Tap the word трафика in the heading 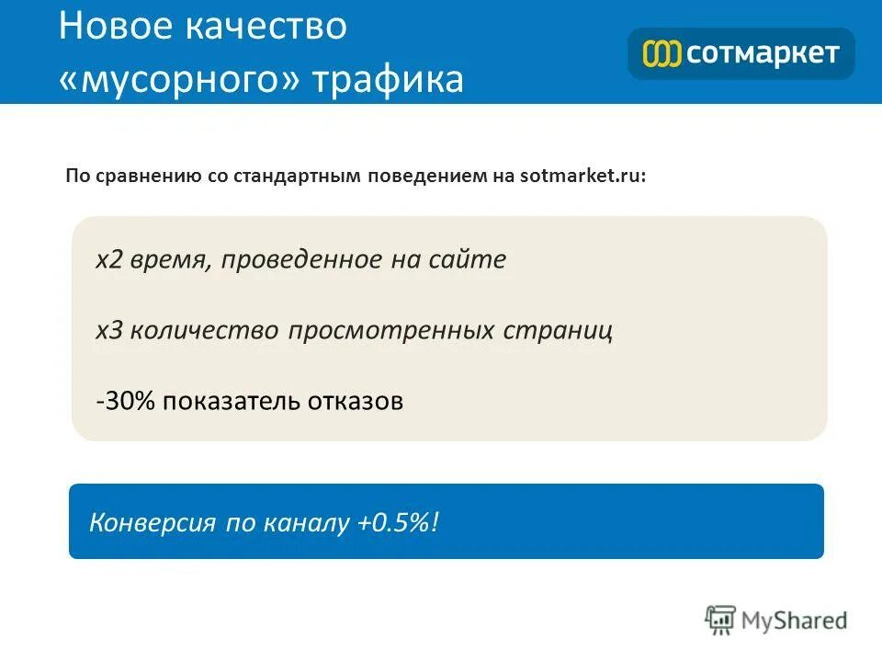click(389, 80)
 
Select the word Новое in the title click(114, 27)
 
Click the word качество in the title click(266, 27)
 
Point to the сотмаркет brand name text click(763, 53)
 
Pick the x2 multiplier click(109, 260)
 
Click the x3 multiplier click(109, 331)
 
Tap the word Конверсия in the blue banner click(151, 524)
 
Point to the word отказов click(357, 402)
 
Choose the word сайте click(467, 260)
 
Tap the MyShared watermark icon click(721, 621)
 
